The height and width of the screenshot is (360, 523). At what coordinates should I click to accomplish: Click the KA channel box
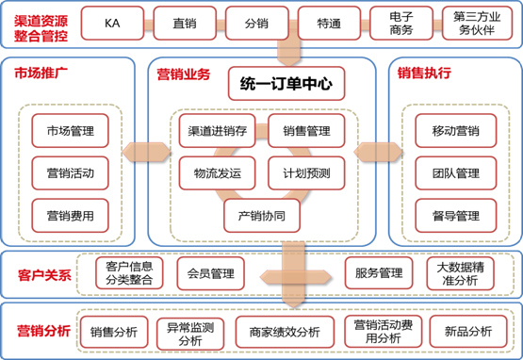[112, 22]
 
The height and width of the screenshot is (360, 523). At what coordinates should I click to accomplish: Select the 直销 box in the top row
[185, 22]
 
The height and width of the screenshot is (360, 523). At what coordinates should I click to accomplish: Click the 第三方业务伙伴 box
[477, 22]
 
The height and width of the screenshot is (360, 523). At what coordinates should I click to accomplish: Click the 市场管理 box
[70, 131]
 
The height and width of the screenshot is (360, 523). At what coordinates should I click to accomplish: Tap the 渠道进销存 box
[216, 130]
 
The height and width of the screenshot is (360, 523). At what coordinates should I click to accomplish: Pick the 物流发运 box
[216, 172]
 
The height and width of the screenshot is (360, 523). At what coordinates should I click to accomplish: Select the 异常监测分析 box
[188, 331]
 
